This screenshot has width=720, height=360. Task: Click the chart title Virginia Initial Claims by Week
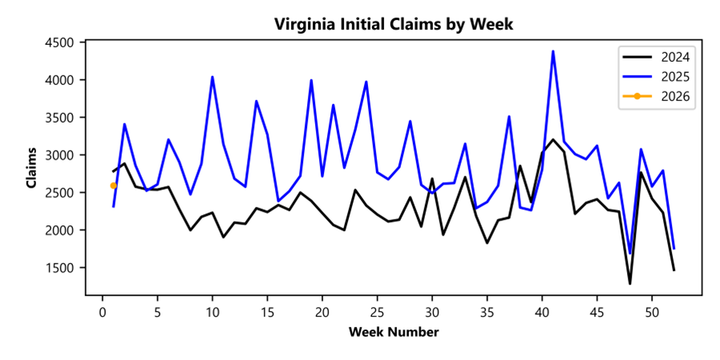[x=393, y=24]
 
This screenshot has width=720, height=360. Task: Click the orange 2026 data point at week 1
[x=114, y=186]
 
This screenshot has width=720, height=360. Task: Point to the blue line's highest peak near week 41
[x=552, y=51]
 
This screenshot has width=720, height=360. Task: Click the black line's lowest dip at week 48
[x=629, y=283]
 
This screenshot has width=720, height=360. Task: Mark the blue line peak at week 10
[x=212, y=77]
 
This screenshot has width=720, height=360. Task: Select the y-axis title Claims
[x=32, y=168]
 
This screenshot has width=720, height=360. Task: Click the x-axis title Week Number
[x=393, y=332]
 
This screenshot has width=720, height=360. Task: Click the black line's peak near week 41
[x=552, y=140]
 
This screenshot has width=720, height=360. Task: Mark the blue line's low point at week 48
[x=629, y=253]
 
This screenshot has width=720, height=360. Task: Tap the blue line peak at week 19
[x=311, y=80]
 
